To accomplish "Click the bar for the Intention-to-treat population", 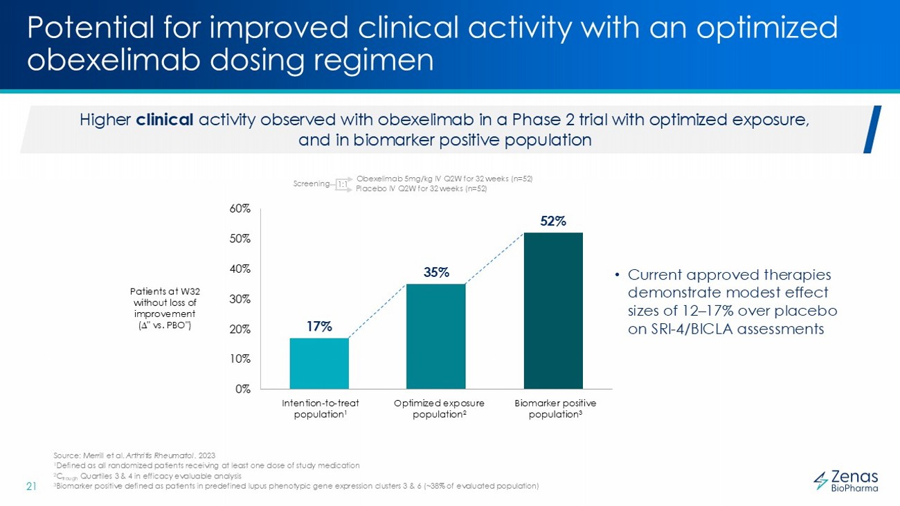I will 319,363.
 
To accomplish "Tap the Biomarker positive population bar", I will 553,310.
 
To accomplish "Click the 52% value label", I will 553,222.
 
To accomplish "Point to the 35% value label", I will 436,273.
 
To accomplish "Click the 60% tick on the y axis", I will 240,208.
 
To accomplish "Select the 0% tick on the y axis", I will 242,389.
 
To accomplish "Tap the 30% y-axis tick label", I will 240,299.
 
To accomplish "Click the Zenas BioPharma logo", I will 845,480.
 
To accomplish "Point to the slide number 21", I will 31,485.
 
